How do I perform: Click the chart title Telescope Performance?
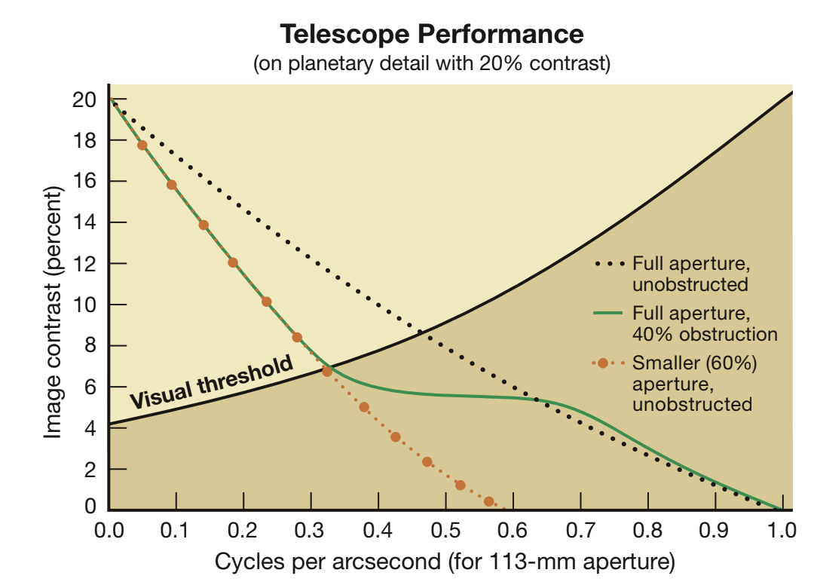pyautogui.click(x=432, y=34)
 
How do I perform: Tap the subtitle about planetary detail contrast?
pyautogui.click(x=432, y=64)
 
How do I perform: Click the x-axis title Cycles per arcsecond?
pyautogui.click(x=445, y=562)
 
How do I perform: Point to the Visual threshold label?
pyautogui.click(x=212, y=383)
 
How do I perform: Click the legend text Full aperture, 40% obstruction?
pyautogui.click(x=704, y=322)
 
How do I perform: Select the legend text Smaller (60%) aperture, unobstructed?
pyautogui.click(x=693, y=384)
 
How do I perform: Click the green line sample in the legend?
pyautogui.click(x=608, y=312)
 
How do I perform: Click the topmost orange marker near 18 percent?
pyautogui.click(x=142, y=145)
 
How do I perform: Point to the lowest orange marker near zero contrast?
pyautogui.click(x=488, y=501)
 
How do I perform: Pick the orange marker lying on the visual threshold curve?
pyautogui.click(x=327, y=371)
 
